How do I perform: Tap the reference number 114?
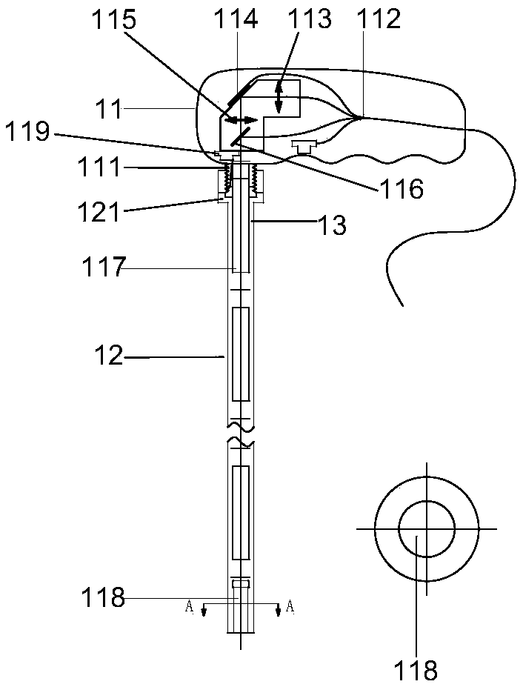coord(236,20)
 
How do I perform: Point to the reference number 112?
coord(379,20)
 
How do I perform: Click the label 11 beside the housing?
coord(110,109)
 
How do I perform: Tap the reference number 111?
coord(99,167)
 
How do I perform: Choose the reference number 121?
coord(99,213)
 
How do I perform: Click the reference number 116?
coord(401,190)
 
